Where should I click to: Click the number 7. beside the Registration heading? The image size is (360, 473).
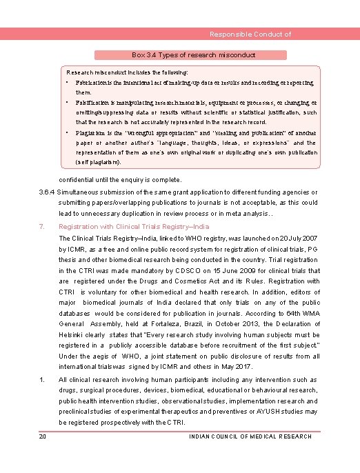[x=42, y=226]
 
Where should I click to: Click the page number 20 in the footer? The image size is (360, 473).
[x=42, y=436]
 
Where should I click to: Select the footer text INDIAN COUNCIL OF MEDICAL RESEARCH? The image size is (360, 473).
[x=250, y=436]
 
